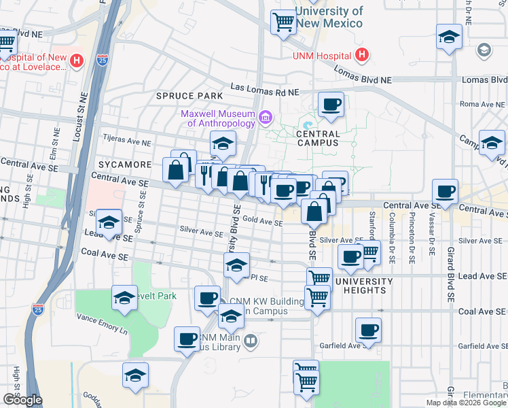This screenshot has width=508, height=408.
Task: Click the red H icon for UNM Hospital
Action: (x=363, y=55)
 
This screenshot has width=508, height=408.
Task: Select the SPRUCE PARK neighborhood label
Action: (x=189, y=96)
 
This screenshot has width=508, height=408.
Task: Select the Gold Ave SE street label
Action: (x=262, y=222)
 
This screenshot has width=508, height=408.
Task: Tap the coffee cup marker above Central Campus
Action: (x=331, y=104)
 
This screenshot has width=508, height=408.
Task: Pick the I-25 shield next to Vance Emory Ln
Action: (x=38, y=310)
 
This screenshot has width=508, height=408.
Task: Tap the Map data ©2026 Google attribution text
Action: (x=466, y=403)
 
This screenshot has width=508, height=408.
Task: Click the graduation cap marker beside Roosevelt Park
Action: (x=124, y=298)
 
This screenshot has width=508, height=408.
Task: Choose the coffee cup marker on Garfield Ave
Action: (x=368, y=330)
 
